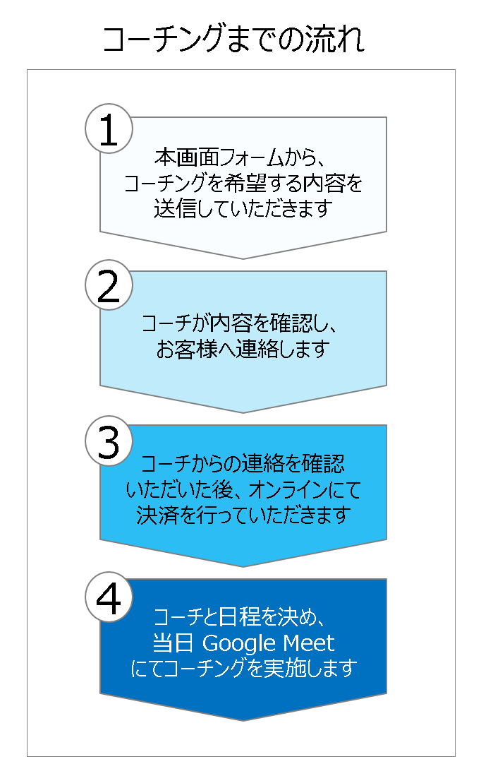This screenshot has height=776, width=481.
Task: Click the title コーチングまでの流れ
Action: [234, 39]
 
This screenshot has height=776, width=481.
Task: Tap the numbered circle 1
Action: [109, 129]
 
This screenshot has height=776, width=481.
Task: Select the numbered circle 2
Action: [109, 285]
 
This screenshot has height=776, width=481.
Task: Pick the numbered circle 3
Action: [109, 441]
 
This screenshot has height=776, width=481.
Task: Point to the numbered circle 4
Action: [109, 597]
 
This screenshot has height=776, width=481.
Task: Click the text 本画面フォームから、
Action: [239, 158]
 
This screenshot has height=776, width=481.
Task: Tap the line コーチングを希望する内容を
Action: [243, 183]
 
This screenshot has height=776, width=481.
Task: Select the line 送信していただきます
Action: [243, 208]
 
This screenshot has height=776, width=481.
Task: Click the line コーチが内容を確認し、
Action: [239, 323]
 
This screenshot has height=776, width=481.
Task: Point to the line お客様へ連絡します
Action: [243, 349]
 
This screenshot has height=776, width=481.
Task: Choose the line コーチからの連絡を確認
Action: [243, 464]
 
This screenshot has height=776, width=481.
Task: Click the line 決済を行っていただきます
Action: [243, 515]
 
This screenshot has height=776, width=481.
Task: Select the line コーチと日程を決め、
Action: [239, 617]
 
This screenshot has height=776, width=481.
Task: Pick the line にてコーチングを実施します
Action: [243, 669]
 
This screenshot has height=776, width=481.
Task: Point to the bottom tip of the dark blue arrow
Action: [243, 720]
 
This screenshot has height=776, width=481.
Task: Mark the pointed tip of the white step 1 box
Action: [243, 258]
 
